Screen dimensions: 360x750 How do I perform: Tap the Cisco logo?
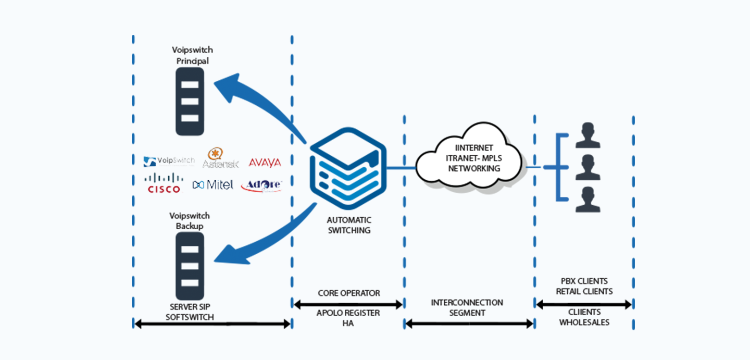pos(164,183)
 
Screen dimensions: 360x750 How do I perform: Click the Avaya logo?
pos(265,163)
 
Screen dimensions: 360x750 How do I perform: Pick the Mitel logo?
pos(213,184)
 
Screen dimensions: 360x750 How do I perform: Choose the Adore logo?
pos(261,185)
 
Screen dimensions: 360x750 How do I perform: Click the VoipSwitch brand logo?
pos(169,162)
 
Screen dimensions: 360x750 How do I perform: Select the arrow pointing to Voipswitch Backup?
pos(260,240)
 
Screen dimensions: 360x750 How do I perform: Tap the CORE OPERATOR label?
pos(349,293)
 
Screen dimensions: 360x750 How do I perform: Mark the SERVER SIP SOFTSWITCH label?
pos(190,312)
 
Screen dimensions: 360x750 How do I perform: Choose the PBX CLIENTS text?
pos(584,281)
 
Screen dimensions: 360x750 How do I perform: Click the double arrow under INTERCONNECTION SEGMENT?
pos(469,324)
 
